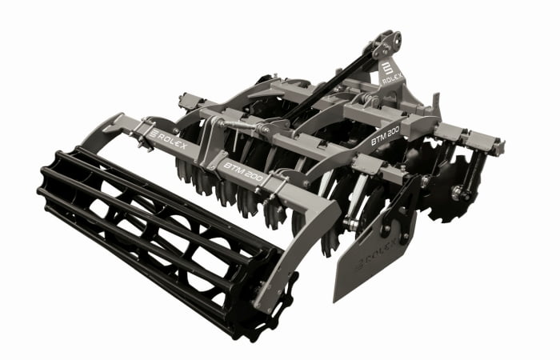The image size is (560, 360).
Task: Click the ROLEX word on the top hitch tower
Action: coord(393,78)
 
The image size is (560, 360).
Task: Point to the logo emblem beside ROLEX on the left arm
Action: coord(154,134)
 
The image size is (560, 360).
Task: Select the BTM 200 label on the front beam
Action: coord(242,172)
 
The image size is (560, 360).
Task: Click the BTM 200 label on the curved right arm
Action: coord(385,137)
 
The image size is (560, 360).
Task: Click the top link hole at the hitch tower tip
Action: coord(395,37)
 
